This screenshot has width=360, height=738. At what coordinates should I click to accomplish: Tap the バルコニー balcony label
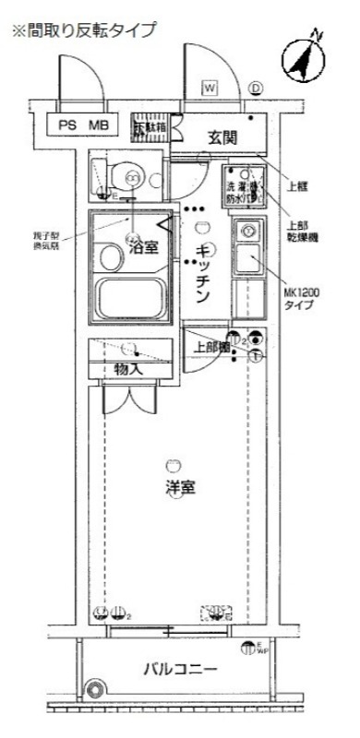pyautogui.click(x=180, y=693)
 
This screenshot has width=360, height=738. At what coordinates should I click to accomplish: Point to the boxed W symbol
pyautogui.click(x=210, y=88)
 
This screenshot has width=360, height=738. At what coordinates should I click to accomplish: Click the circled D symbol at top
pyautogui.click(x=256, y=89)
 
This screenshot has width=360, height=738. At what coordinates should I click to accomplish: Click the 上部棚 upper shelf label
pyautogui.click(x=210, y=348)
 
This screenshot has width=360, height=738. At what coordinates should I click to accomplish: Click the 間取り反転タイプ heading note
pyautogui.click(x=83, y=30)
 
